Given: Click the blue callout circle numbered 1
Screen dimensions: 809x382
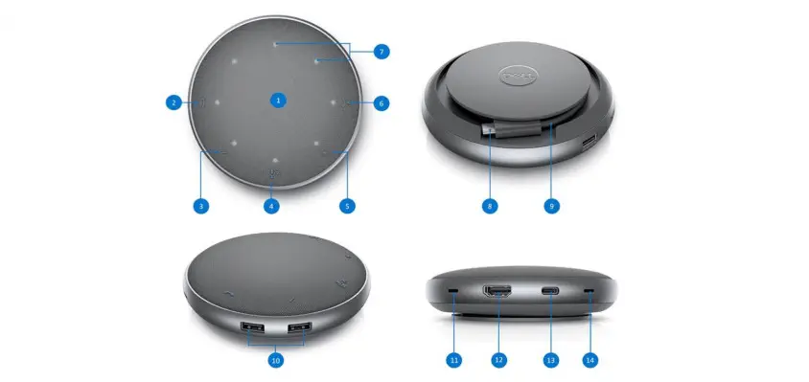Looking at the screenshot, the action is pos(278,101).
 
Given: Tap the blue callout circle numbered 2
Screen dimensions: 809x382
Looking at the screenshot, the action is pos(173,102).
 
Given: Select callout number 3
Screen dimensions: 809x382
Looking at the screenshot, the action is pos(200,206).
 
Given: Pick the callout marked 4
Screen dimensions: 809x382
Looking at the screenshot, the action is pos(271,206).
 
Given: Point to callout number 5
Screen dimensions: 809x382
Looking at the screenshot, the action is pos(347,206).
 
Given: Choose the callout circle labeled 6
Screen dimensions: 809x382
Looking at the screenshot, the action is pos(381,103).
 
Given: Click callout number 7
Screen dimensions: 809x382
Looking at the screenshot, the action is pos(381,52).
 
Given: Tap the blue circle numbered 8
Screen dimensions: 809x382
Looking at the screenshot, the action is pos(490,206).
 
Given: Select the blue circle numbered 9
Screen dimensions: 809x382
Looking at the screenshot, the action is pos(551,206).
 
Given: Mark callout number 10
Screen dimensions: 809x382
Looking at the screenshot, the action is pos(276,360).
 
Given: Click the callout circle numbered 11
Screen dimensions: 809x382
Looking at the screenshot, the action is pos(454,360).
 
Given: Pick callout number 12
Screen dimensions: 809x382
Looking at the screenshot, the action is pos(498,360).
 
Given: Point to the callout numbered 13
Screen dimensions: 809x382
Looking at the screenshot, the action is pos(551,360).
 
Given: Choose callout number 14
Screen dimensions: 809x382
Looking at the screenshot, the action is pos(590,360).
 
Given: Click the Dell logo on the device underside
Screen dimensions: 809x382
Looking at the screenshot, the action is pos(518,77).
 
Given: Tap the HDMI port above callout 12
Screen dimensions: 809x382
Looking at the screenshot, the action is pos(497,291).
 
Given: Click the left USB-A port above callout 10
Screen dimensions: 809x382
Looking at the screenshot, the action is pos(252,326).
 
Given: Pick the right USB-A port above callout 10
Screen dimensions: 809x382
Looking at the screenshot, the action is pos(299,326).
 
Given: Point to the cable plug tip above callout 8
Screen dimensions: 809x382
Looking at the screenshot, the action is pos(489,131).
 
